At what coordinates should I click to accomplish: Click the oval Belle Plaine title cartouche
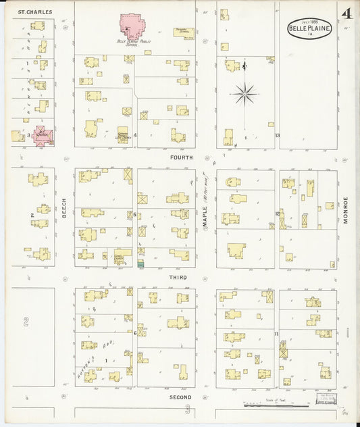309,28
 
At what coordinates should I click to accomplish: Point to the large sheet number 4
346,14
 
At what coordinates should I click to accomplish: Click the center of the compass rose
245,93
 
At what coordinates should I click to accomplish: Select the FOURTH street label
182,157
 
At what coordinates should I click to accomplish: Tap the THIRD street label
178,277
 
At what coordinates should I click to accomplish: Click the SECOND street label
180,397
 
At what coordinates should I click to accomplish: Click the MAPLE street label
205,216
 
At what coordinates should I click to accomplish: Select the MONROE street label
344,209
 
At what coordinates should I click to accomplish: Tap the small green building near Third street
141,263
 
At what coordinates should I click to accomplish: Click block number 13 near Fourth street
277,135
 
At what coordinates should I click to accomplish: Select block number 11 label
276,334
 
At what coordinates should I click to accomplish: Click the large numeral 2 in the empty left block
26,322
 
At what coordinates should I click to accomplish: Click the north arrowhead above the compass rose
245,65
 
